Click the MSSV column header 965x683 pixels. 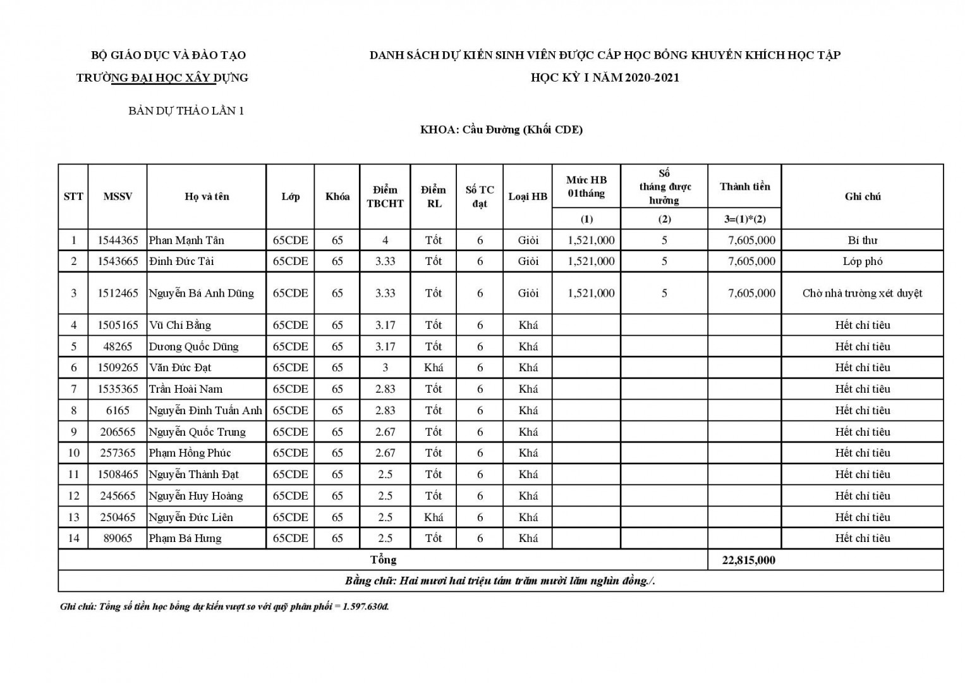(x=118, y=197)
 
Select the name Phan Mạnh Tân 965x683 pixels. (x=186, y=240)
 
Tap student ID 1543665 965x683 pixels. (x=118, y=261)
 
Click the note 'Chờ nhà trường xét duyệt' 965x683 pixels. (x=862, y=293)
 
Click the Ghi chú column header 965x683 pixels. (x=862, y=197)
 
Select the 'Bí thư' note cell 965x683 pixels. (x=862, y=240)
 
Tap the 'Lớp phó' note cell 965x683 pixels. (x=862, y=261)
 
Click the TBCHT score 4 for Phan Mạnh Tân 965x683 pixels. (x=385, y=240)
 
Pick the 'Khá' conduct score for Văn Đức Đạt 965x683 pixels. (x=434, y=367)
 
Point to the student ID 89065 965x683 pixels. (x=118, y=538)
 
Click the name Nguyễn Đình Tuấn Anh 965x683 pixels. (x=205, y=410)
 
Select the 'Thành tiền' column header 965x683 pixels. (x=744, y=187)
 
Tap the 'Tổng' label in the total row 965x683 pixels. (x=383, y=560)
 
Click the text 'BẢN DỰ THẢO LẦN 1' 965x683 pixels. (x=186, y=111)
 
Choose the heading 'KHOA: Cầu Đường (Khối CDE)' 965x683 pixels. (x=501, y=130)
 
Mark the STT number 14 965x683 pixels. (x=73, y=538)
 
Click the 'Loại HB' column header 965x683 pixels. (x=528, y=197)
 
